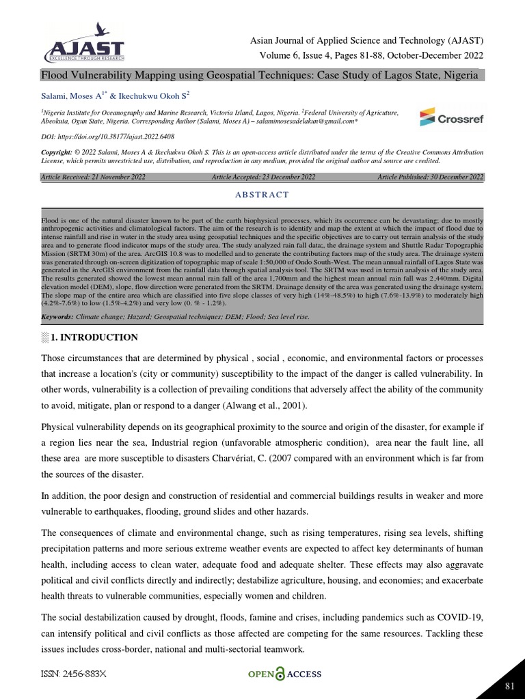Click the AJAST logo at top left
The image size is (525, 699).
(84, 44)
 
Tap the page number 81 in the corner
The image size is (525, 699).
(509, 685)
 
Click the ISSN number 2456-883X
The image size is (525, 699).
(74, 674)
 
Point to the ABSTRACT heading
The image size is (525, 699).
(262, 195)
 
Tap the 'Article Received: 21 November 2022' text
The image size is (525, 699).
(94, 177)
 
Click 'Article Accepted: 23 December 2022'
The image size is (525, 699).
(264, 177)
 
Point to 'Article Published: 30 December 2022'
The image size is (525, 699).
(430, 177)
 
